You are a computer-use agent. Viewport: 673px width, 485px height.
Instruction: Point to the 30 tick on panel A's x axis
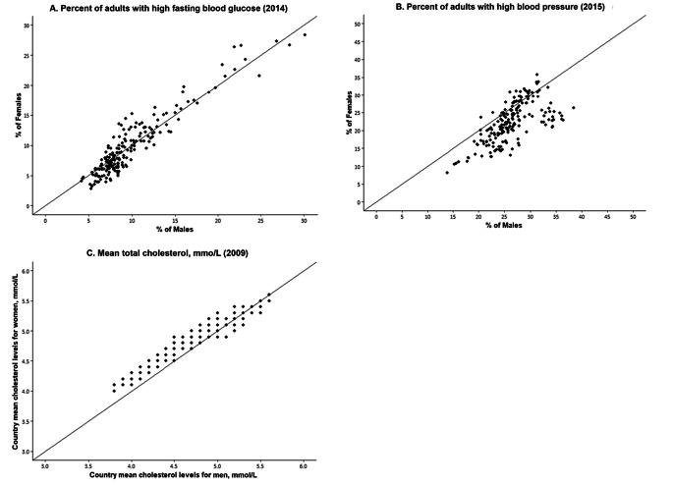point(305,219)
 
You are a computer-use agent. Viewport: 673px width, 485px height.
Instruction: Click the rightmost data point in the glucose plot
point(305,34)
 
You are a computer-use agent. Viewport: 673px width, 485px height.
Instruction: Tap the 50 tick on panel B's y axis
point(359,22)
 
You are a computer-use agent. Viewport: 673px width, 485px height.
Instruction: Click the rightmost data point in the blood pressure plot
point(573,108)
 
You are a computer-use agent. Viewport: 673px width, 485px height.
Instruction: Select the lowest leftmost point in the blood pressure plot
point(447,172)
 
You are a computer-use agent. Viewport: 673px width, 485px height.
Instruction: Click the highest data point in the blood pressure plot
point(536,74)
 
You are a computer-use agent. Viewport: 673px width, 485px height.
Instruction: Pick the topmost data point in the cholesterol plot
point(268,294)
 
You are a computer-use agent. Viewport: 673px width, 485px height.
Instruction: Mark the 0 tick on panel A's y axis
point(29,206)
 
